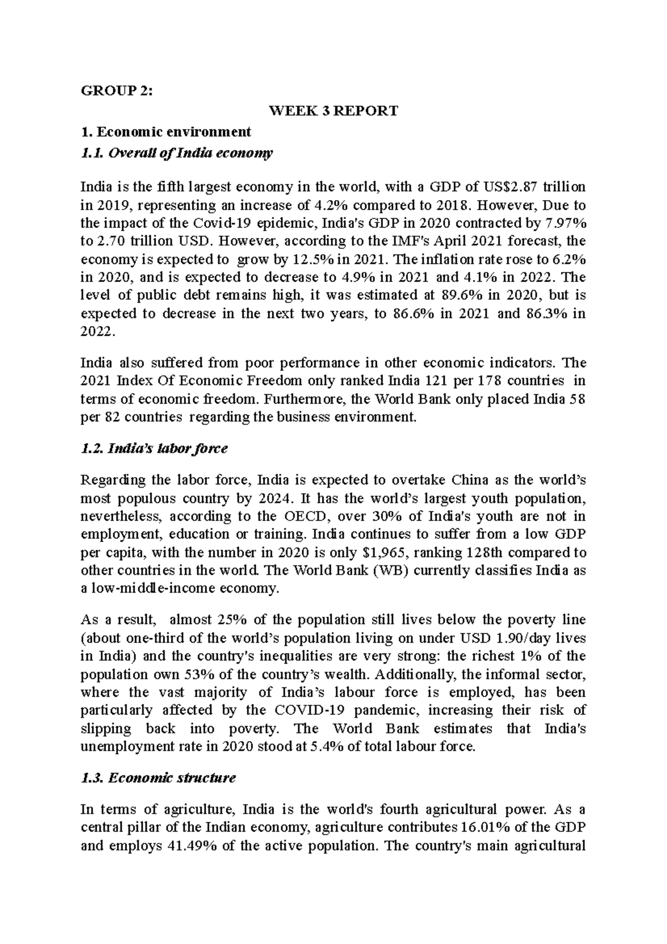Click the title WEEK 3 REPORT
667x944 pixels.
coord(333,111)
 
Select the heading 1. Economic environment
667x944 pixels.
coord(166,132)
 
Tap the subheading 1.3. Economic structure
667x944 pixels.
coord(158,778)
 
